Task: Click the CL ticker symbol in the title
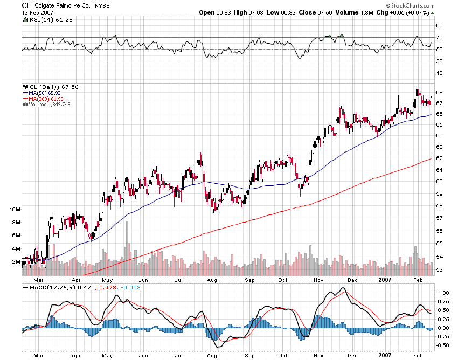click(25, 4)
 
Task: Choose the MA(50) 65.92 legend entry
click(45, 93)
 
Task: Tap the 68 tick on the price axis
click(439, 92)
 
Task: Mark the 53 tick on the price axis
click(439, 270)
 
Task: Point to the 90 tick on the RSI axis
click(440, 25)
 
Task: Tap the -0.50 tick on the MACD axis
click(442, 345)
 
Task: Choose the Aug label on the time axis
click(212, 280)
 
